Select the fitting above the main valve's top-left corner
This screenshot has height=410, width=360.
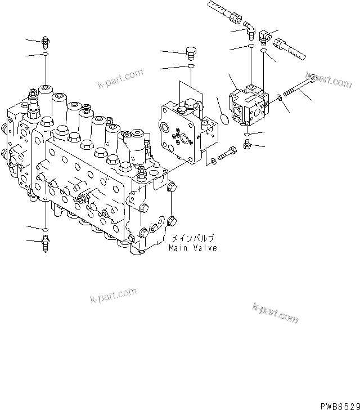click(46, 41)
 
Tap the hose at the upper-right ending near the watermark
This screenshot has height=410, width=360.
click(289, 49)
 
